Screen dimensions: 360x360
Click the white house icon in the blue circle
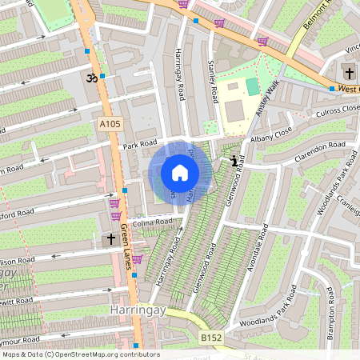click(180, 173)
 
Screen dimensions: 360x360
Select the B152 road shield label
click(211, 338)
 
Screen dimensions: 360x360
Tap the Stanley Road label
click(212, 82)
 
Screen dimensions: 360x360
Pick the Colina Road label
click(153, 222)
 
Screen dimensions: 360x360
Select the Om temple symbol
click(90, 78)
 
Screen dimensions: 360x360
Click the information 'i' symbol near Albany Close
click(234, 161)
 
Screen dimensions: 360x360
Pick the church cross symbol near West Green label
click(348, 70)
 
